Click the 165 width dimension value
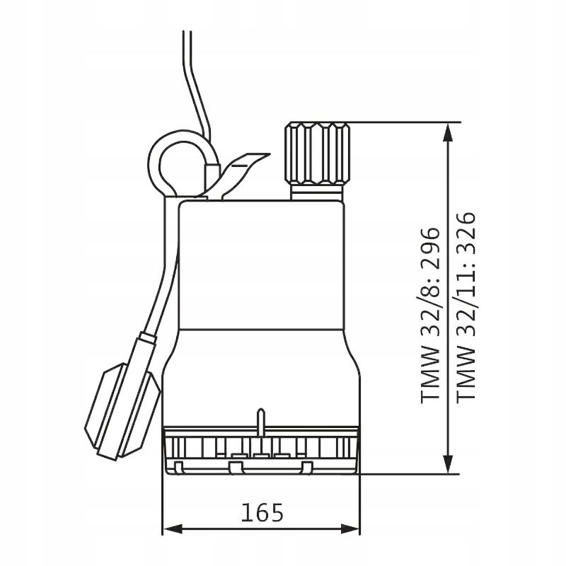[x=262, y=512]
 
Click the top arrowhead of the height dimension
[x=448, y=134]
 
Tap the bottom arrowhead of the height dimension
[x=448, y=463]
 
